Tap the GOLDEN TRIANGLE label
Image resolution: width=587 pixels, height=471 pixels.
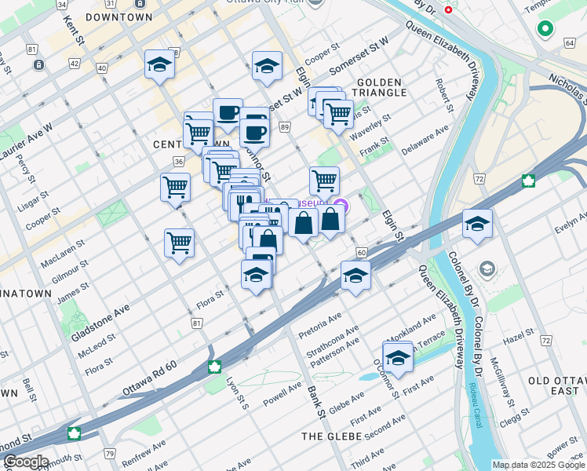[x=381, y=87]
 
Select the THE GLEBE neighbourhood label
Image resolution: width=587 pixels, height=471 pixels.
[x=332, y=436]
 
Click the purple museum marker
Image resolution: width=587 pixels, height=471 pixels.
[x=339, y=207]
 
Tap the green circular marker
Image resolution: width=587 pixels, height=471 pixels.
[x=545, y=30]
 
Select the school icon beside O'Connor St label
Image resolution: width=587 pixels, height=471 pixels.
[x=398, y=357]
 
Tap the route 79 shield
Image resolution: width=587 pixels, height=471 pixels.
[x=109, y=453]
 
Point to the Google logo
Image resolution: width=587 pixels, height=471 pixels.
[x=25, y=462]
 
